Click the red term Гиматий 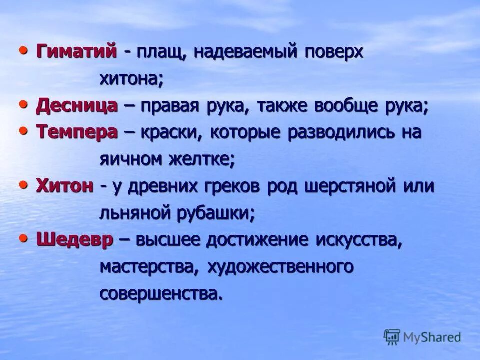(76, 52)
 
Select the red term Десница (77, 105)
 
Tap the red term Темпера (77, 132)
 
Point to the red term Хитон (65, 186)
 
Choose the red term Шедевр (75, 240)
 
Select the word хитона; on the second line (131, 79)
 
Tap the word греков (235, 186)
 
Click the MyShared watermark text (432, 337)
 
